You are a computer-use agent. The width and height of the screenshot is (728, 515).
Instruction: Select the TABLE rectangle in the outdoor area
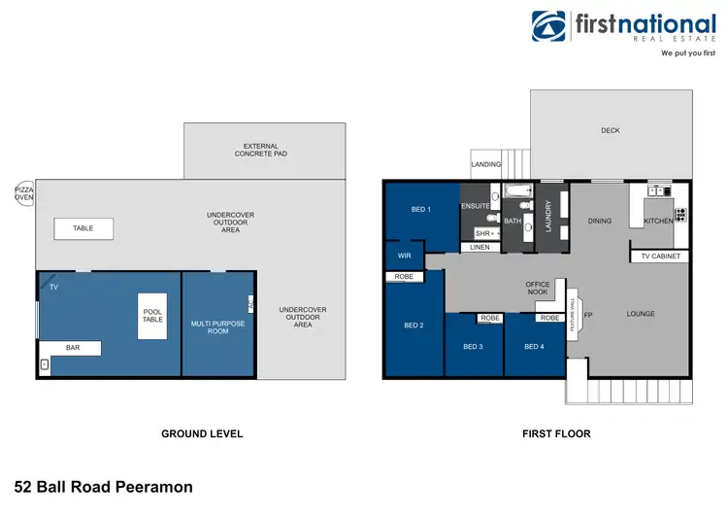point(83,228)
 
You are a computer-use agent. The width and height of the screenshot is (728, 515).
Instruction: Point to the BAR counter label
point(73,347)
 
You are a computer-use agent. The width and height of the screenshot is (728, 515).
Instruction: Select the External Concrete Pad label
point(266,150)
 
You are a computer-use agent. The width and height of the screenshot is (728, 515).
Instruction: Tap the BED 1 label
point(421,209)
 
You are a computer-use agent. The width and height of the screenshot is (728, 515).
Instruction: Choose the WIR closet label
point(404,256)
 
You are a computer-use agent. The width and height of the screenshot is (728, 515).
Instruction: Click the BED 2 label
point(414,325)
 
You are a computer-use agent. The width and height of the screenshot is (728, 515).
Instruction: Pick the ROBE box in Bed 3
point(489,318)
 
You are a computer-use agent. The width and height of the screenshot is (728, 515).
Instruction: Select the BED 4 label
point(533,347)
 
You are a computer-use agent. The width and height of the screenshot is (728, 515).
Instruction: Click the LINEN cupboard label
point(480,248)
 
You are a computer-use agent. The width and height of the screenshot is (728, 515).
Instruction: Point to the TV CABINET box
point(662,257)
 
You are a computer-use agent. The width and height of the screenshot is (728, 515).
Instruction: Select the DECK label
point(610,131)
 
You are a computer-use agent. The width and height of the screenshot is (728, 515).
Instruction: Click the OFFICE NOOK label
point(538,289)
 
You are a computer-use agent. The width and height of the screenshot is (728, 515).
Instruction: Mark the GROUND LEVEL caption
point(202,433)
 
